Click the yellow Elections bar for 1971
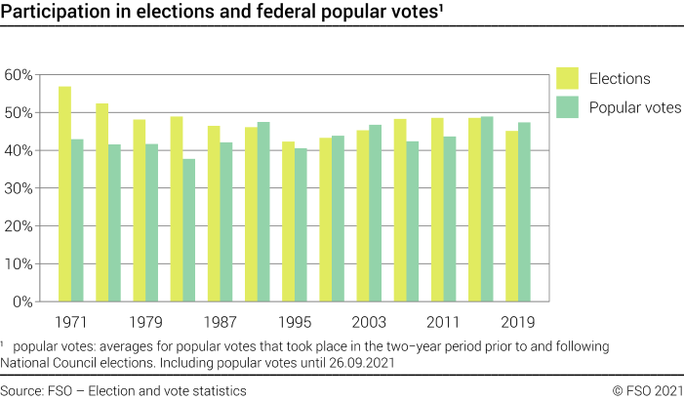point(64,194)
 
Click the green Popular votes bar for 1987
point(226,222)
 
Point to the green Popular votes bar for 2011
point(450,220)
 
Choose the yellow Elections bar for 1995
point(288,221)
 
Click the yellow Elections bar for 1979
point(139,211)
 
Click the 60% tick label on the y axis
point(20,75)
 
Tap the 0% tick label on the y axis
point(23,302)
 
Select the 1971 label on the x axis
point(70,321)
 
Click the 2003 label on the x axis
point(369,321)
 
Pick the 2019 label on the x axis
point(518,321)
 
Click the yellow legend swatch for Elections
point(567,79)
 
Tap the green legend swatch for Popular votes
point(567,107)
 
